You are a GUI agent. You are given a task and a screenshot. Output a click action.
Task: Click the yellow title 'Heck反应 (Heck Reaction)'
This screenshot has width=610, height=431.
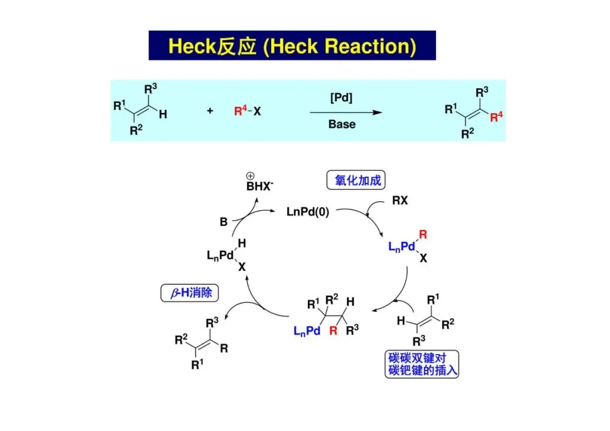[292, 46]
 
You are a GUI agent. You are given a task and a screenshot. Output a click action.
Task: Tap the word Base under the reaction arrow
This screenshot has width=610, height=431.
[342, 124]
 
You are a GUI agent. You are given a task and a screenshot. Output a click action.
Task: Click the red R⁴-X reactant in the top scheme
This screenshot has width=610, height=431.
[247, 111]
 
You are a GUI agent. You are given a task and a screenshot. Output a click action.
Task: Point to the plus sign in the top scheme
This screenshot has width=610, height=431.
[210, 111]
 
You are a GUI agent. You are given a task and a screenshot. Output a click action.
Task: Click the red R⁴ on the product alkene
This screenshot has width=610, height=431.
[496, 117]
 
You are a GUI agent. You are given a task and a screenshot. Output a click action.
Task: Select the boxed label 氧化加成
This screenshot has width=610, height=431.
[354, 180]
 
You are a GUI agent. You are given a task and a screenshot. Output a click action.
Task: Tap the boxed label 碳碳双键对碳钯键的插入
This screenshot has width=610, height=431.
[421, 364]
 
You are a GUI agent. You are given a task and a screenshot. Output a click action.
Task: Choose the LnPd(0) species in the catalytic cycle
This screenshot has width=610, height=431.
[309, 212]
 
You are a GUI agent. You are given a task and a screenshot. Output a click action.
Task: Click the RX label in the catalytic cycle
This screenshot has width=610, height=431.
[400, 200]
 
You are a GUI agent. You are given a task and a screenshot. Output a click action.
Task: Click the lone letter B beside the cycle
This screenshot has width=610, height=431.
[223, 223]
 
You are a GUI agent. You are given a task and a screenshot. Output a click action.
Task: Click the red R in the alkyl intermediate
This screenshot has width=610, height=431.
[333, 331]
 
